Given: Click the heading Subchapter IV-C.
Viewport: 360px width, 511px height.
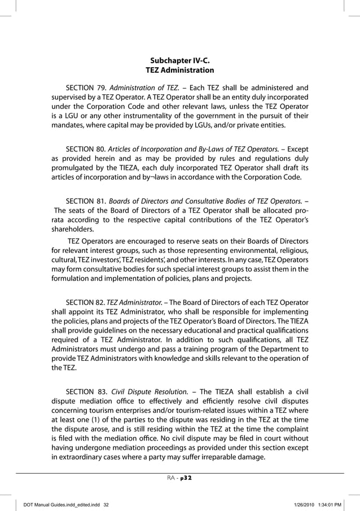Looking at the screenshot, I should [x=179, y=60].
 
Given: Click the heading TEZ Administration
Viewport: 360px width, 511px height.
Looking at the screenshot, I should [x=179, y=71].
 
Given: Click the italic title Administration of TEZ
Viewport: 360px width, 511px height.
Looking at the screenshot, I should [x=144, y=88].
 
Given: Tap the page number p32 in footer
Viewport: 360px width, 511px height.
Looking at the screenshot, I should [x=187, y=477].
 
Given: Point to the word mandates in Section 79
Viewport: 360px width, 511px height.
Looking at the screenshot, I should [x=69, y=125].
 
